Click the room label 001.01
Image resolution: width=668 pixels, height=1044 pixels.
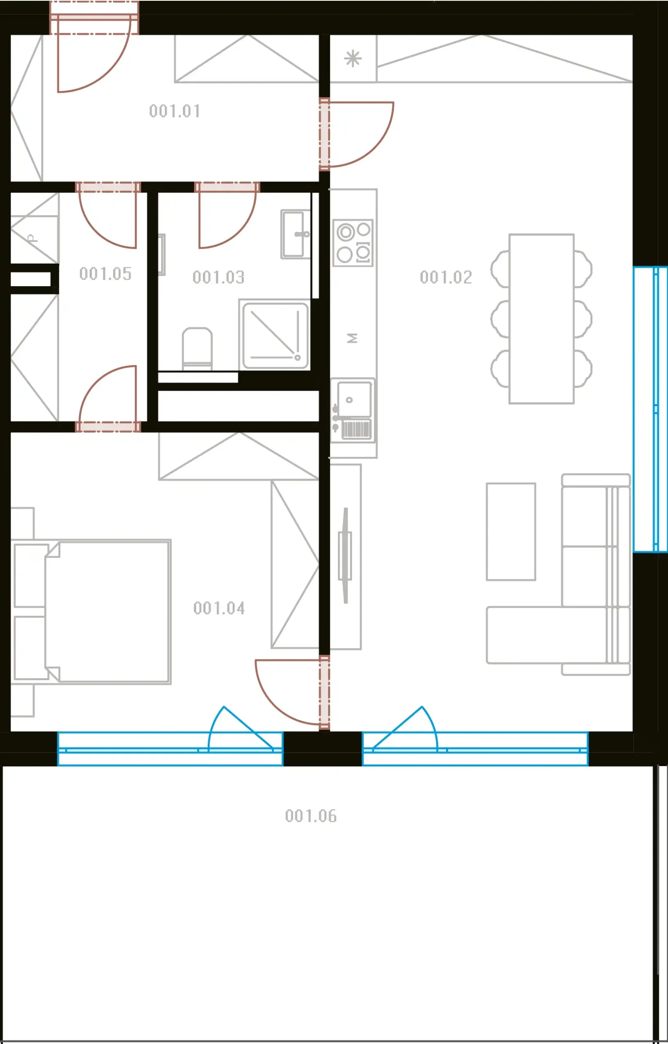point(175,111)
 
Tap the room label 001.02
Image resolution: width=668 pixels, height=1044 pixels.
point(445,277)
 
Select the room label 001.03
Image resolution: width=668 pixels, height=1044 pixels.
point(218,277)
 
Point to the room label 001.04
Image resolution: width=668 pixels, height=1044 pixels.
point(219,608)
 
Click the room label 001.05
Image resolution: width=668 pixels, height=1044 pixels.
point(105,274)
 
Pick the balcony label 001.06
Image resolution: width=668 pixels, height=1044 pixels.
point(311,816)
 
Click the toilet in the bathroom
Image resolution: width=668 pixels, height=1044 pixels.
point(197,349)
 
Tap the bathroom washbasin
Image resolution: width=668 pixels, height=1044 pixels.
point(296,234)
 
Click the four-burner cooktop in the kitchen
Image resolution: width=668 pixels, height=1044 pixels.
point(353,243)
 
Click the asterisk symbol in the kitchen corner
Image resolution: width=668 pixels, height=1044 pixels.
point(353,59)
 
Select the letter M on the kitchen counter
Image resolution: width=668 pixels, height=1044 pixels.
point(352,338)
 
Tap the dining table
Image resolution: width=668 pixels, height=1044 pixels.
point(541,319)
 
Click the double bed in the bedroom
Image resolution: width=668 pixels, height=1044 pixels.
point(91,612)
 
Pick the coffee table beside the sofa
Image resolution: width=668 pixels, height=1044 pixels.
point(511,531)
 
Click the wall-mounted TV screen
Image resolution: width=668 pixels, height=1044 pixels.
point(345,555)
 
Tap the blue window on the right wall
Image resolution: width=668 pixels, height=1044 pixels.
point(650,409)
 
